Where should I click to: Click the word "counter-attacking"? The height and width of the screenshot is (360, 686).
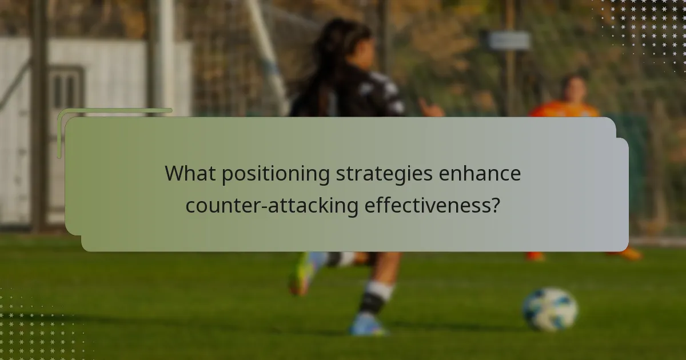coord(272,205)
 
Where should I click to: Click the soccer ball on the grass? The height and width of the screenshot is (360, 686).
coord(550,309)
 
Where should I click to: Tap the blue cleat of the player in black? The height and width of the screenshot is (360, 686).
coord(368,326)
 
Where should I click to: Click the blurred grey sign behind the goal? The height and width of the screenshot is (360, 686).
coord(509,40)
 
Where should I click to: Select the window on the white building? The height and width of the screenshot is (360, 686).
coord(66,89)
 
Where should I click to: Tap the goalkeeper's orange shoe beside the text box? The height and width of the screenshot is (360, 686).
coord(632,254)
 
